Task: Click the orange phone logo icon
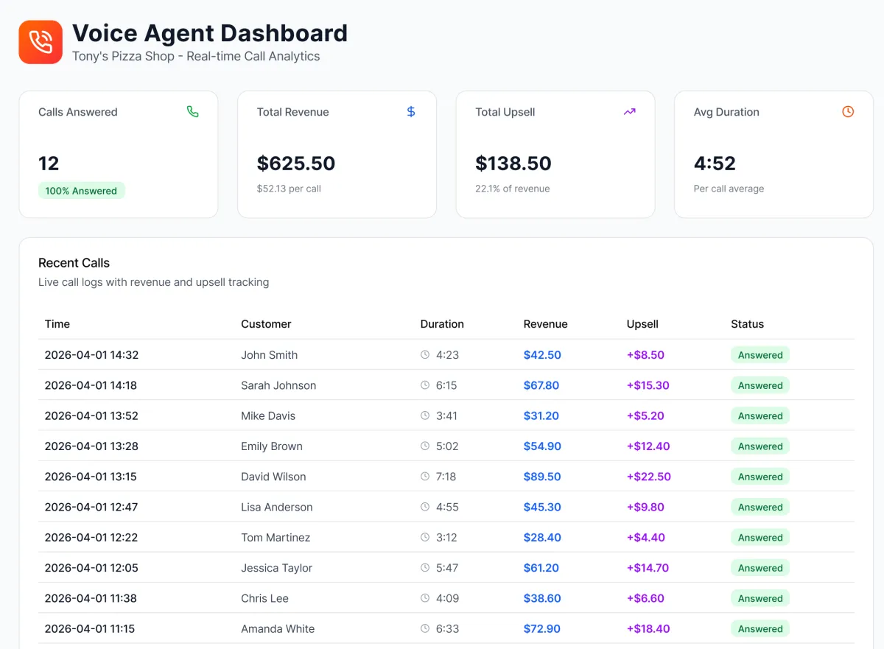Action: (41, 42)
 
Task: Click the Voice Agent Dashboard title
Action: (210, 33)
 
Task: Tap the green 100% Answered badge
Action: (81, 191)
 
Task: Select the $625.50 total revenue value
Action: (295, 163)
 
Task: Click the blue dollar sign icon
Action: (411, 112)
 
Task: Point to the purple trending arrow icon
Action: (629, 112)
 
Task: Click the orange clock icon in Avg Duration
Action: (848, 112)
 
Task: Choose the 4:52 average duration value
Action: (715, 163)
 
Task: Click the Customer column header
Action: (266, 324)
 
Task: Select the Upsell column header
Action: (642, 324)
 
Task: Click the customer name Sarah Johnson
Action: (278, 385)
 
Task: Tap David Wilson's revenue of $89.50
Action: (542, 477)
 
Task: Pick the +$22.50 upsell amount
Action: (648, 477)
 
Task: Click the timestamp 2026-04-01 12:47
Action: (91, 507)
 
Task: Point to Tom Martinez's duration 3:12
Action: (446, 538)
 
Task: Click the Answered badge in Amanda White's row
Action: (760, 629)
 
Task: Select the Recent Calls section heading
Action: (74, 263)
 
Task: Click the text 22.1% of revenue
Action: (512, 189)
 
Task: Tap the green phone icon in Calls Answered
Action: (192, 112)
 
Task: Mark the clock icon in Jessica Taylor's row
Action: (425, 568)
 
